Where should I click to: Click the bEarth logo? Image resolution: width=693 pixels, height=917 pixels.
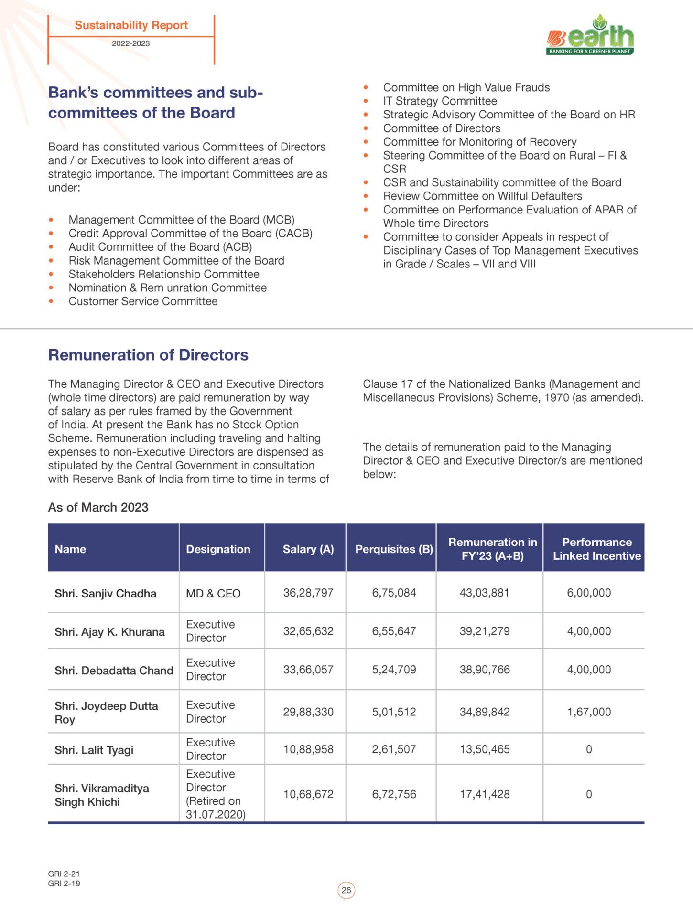pyautogui.click(x=591, y=36)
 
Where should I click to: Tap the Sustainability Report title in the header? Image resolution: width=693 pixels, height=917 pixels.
pyautogui.click(x=131, y=25)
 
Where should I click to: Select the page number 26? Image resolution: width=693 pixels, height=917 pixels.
pyautogui.click(x=346, y=890)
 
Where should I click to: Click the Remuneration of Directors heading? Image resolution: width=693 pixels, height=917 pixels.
pyautogui.click(x=148, y=355)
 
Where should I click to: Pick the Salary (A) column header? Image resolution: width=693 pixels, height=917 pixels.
pyautogui.click(x=308, y=549)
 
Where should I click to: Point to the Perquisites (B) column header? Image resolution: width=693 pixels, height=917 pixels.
pyautogui.click(x=394, y=549)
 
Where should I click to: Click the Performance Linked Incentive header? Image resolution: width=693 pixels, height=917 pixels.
pyautogui.click(x=596, y=549)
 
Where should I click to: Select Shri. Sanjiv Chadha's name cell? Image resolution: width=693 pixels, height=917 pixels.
pyautogui.click(x=106, y=594)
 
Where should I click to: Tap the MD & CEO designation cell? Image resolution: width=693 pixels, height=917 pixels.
pyautogui.click(x=213, y=594)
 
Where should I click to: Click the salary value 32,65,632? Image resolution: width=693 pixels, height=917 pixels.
pyautogui.click(x=308, y=631)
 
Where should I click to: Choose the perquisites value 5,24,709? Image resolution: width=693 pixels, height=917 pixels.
pyautogui.click(x=394, y=670)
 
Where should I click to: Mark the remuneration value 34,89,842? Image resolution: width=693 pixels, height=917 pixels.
pyautogui.click(x=485, y=712)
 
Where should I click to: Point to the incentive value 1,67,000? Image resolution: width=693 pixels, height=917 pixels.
pyautogui.click(x=589, y=712)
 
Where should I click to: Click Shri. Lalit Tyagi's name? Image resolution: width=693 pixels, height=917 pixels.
pyautogui.click(x=94, y=750)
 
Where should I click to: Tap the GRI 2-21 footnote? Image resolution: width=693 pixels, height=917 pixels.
pyautogui.click(x=64, y=874)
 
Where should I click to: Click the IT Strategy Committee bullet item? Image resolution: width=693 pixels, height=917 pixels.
pyautogui.click(x=440, y=101)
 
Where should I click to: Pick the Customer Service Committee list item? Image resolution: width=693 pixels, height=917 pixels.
pyautogui.click(x=143, y=301)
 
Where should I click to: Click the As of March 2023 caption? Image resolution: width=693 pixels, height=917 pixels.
pyautogui.click(x=98, y=507)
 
